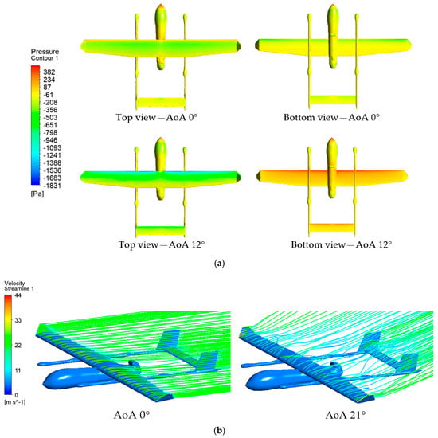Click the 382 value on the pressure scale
click(49, 72)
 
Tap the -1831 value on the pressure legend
click(52, 186)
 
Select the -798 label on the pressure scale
click(50, 132)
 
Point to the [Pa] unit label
click(37, 194)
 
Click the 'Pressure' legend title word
click(45, 52)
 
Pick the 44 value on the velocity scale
click(18, 295)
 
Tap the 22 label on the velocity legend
click(18, 346)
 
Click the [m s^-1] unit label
click(15, 402)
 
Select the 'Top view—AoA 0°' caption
click(157, 117)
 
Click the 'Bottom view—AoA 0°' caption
click(332, 117)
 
